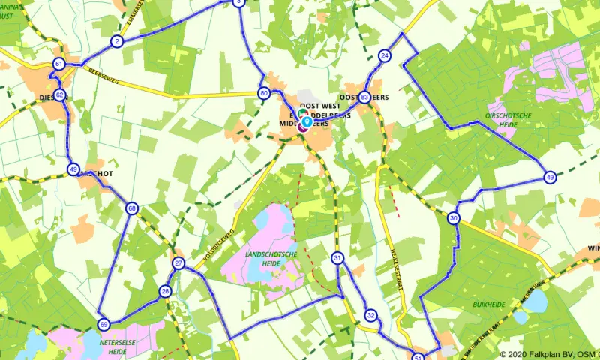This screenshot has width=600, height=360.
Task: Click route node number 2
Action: click(116, 41)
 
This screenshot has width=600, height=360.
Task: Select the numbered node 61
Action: click(59, 65)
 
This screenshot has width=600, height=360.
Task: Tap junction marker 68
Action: click(132, 208)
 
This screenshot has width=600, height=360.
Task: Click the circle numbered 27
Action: click(178, 263)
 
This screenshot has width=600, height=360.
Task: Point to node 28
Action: click(166, 291)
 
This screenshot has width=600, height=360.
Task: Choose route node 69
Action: click(103, 324)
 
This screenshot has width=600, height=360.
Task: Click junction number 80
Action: click(263, 94)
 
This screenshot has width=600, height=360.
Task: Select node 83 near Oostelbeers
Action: click(364, 97)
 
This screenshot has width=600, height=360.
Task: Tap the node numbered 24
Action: click(385, 56)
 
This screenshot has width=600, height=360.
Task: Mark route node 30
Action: click(453, 218)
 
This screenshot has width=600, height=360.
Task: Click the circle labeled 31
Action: click(337, 259)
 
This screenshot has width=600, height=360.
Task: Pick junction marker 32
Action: click(370, 315)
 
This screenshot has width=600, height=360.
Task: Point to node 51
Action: click(418, 357)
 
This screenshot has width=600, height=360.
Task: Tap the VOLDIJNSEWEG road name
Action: click(218, 247)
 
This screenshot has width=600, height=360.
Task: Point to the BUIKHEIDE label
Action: click(488, 305)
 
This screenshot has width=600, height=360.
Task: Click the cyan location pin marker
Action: click(307, 121)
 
